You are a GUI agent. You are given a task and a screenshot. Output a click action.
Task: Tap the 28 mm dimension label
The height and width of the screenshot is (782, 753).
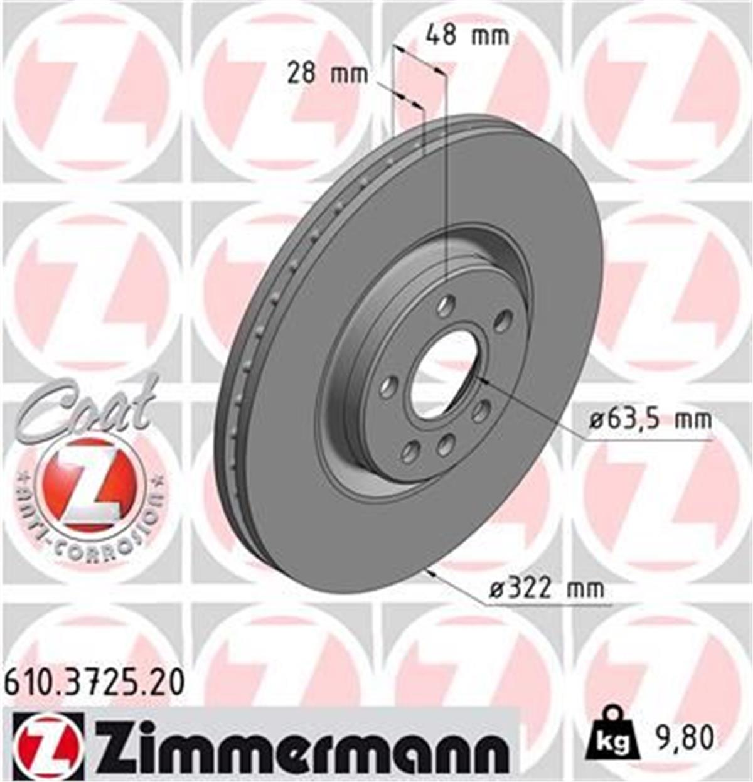[327, 75]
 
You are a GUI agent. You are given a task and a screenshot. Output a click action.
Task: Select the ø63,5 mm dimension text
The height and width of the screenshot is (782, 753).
[650, 419]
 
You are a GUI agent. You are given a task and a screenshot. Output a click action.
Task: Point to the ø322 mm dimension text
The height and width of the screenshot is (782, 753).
[545, 589]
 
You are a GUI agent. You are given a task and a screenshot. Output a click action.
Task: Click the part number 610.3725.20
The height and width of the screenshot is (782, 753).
[94, 682]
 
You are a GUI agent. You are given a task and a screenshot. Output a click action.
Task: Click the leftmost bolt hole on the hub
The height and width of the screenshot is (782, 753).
[389, 385]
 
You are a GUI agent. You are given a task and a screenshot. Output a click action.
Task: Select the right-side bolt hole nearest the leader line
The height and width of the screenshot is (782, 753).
[481, 411]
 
